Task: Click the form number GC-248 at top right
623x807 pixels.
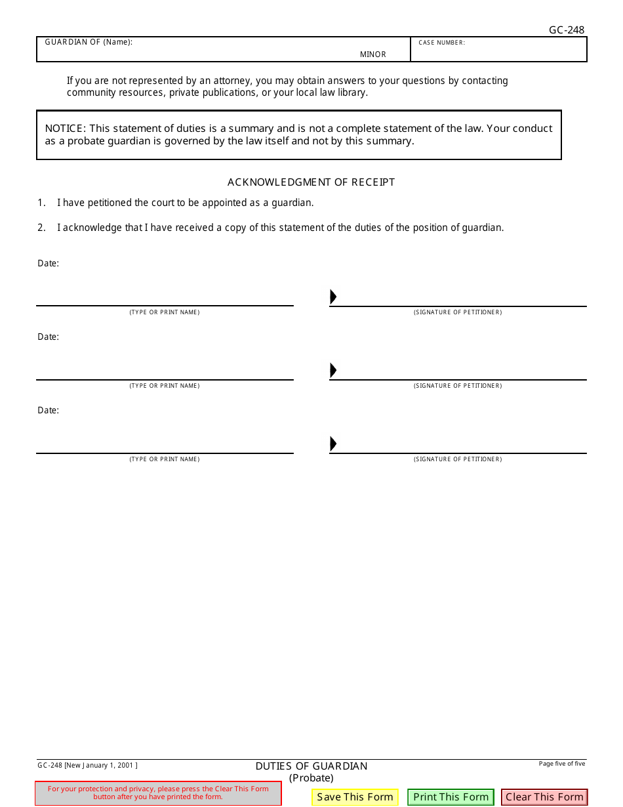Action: pos(567,30)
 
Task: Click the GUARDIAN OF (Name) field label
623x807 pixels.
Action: pos(89,43)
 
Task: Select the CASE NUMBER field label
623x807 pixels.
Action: pos(442,43)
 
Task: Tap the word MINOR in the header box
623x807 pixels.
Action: pos(373,54)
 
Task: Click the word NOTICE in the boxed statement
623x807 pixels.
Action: pos(64,129)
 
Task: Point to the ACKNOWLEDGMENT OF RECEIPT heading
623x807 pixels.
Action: pos(311,182)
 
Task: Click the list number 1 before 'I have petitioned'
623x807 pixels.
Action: pos(41,203)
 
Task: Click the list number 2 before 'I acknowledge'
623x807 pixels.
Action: pos(41,228)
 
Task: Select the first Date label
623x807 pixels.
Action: pos(48,263)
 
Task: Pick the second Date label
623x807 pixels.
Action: pos(48,337)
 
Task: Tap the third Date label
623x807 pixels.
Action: pos(48,410)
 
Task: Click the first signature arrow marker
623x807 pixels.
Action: pos(333,297)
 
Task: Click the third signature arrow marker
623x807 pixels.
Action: pos(333,444)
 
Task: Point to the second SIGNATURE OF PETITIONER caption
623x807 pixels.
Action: pos(458,386)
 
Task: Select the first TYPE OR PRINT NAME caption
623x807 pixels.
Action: pos(165,312)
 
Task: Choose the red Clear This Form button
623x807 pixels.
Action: pos(544,797)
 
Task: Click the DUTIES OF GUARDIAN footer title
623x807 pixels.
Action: pos(311,766)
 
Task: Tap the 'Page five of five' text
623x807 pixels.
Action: pos(562,764)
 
